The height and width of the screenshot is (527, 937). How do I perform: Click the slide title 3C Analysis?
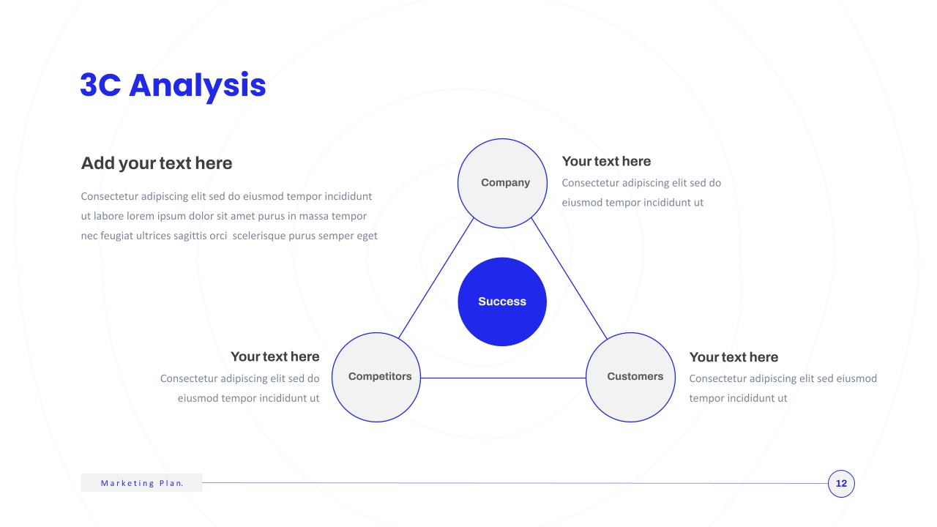[x=173, y=86]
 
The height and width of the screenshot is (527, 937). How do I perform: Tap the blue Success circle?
[x=502, y=302]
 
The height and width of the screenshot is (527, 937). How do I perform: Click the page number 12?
[x=841, y=484]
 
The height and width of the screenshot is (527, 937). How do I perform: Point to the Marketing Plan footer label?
[x=142, y=483]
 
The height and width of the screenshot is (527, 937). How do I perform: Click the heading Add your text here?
[x=157, y=163]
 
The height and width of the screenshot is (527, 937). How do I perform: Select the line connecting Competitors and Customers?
[x=503, y=378]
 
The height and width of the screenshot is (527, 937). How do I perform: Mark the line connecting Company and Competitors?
[x=436, y=277]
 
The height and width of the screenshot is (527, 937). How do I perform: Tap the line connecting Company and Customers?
[x=570, y=278]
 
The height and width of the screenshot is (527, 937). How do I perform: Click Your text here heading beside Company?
[x=606, y=161]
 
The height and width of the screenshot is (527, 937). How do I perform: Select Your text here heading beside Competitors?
[x=275, y=356]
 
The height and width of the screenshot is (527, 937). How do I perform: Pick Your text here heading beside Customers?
[x=733, y=356]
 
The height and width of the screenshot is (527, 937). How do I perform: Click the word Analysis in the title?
[x=198, y=86]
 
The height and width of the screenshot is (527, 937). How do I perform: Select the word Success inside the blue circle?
[x=502, y=302]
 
